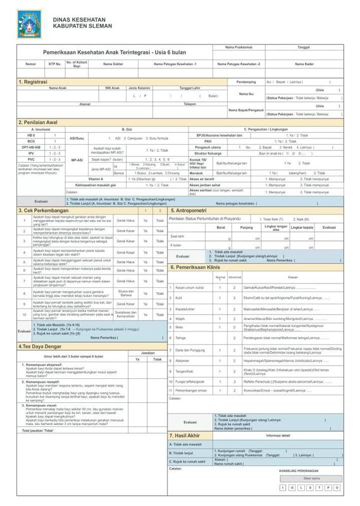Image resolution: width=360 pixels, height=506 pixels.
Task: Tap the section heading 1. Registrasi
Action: pyautogui.click(x=34, y=82)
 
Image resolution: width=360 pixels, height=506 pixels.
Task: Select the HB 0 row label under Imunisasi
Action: pyautogui.click(x=31, y=135)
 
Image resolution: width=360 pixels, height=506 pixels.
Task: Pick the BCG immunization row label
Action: pyautogui.click(x=31, y=141)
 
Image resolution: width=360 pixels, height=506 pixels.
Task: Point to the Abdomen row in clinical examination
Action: pyautogui.click(x=183, y=361)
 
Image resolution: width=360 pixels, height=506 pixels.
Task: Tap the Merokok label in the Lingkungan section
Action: pyautogui.click(x=198, y=173)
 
